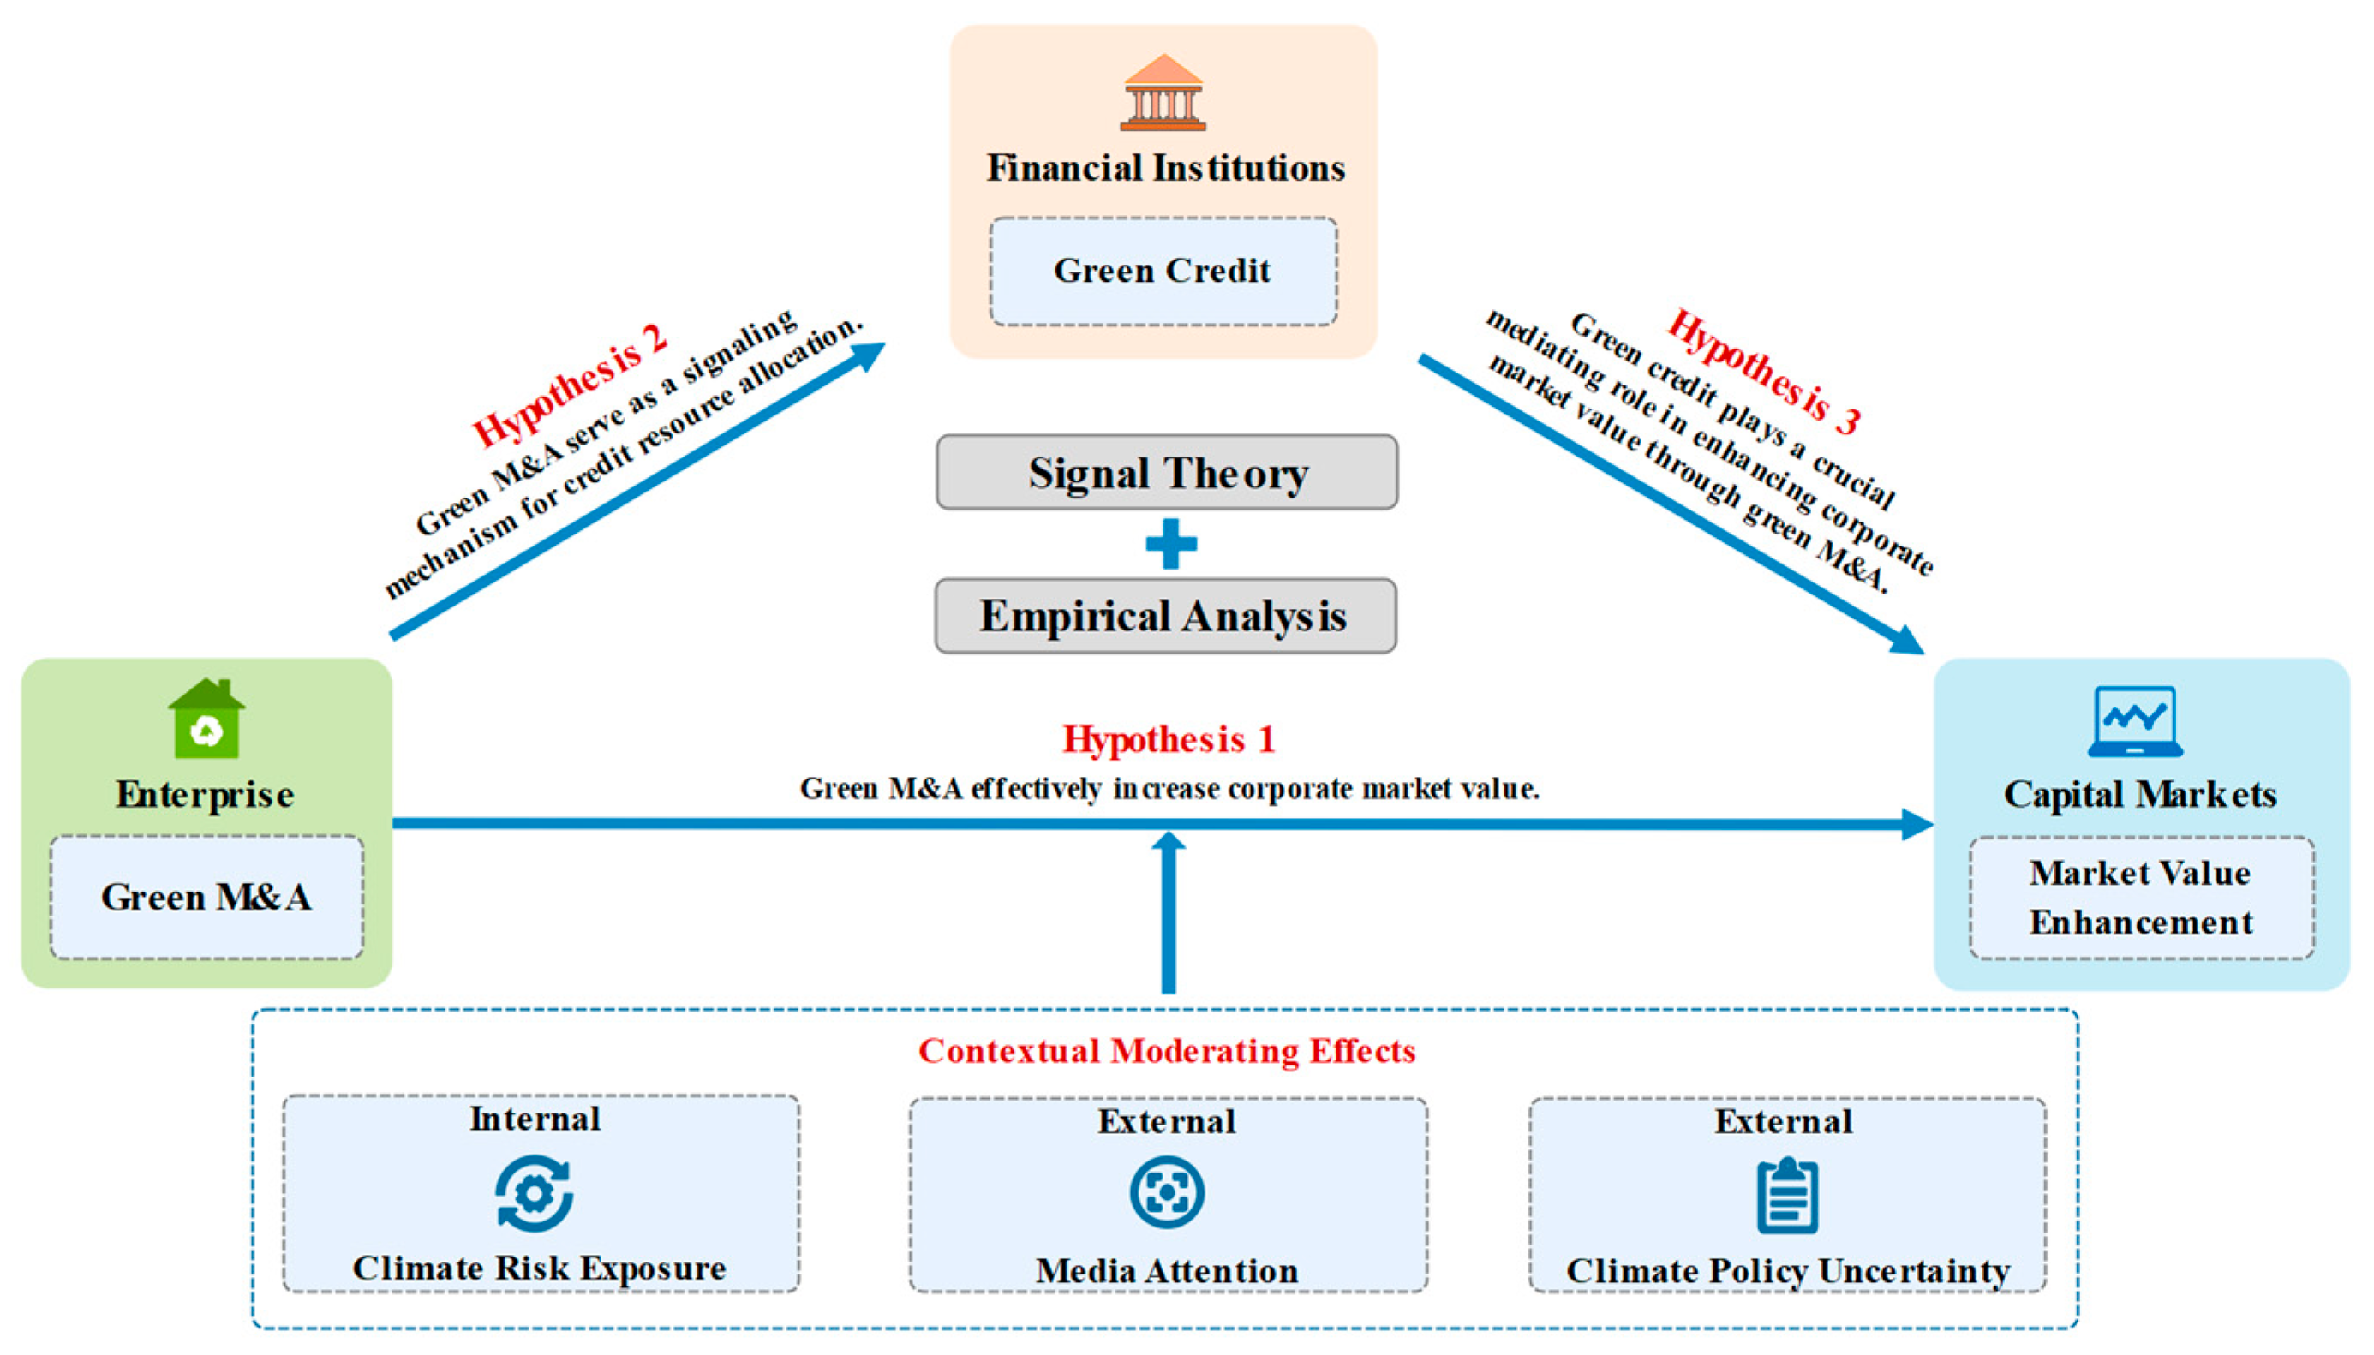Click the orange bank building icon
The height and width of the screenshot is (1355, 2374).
pos(1163,93)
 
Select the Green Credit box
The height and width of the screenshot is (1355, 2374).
pos(1163,271)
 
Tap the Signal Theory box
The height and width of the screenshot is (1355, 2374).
pos(1167,472)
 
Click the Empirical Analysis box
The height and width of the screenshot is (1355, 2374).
pos(1165,616)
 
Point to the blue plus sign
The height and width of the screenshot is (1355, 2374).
pos(1170,544)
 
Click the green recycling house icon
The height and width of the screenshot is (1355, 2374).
pos(206,719)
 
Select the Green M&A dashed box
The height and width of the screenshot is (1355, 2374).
pos(206,897)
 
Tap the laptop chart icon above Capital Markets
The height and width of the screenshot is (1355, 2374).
pos(2135,721)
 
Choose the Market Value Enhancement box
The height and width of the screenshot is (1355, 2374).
pos(2141,897)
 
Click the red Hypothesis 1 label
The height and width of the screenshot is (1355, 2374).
pos(1169,739)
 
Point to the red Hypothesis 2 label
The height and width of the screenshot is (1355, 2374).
pos(570,385)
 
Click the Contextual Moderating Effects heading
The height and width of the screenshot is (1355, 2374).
pos(1167,1051)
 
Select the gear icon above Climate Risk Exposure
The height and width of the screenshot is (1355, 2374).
pos(535,1193)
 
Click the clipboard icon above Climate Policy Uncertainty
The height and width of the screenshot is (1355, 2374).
pos(1787,1195)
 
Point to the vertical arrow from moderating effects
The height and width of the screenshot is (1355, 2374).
pos(1169,912)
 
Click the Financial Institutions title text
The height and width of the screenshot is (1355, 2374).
pos(1166,169)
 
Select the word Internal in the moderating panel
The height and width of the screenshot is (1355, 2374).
pos(535,1119)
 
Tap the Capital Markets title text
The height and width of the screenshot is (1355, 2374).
pos(2140,795)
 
